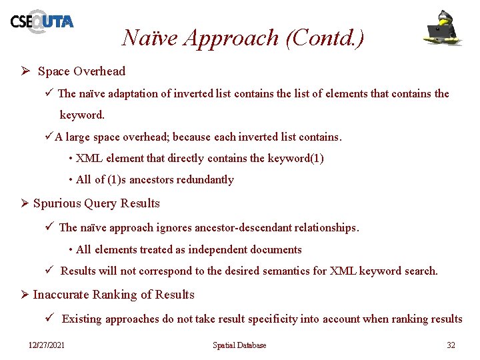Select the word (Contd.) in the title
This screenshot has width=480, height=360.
tap(325, 38)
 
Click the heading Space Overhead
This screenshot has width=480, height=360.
tap(81, 71)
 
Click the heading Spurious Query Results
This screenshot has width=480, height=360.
tap(97, 203)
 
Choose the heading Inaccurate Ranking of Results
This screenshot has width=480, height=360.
tap(113, 295)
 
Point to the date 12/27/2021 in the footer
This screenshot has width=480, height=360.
tap(47, 345)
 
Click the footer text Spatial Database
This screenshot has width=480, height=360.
tap(239, 345)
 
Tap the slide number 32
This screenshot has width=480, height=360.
tap(451, 345)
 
